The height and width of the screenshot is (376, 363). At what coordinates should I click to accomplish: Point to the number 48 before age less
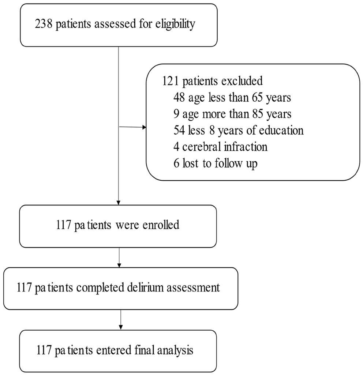pyautogui.click(x=180, y=97)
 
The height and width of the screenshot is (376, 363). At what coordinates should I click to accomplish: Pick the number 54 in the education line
pyautogui.click(x=180, y=130)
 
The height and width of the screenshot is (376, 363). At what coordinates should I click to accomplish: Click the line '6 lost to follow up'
pyautogui.click(x=216, y=163)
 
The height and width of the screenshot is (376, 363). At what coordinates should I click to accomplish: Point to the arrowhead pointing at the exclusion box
pyautogui.click(x=144, y=128)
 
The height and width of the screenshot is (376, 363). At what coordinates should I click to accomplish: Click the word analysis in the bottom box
pyautogui.click(x=174, y=350)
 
